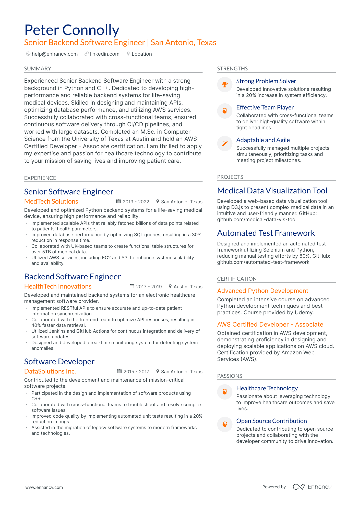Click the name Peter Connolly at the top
point(72,30)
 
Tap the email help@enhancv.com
point(54,54)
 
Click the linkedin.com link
point(104,54)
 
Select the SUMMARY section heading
point(38,68)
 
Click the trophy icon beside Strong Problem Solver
point(225,84)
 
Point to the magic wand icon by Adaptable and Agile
point(225,143)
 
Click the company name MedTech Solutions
point(51,201)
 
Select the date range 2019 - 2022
point(136,202)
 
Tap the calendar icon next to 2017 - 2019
point(132,286)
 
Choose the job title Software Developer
point(59,362)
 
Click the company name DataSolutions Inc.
point(50,371)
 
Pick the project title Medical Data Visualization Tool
point(272,191)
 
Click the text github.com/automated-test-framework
point(263,262)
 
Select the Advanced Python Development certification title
point(263,291)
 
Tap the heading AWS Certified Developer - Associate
point(270,325)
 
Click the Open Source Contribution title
point(271,421)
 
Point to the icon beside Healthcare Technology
point(225,392)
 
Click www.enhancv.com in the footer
point(44,487)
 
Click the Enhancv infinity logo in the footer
point(298,487)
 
